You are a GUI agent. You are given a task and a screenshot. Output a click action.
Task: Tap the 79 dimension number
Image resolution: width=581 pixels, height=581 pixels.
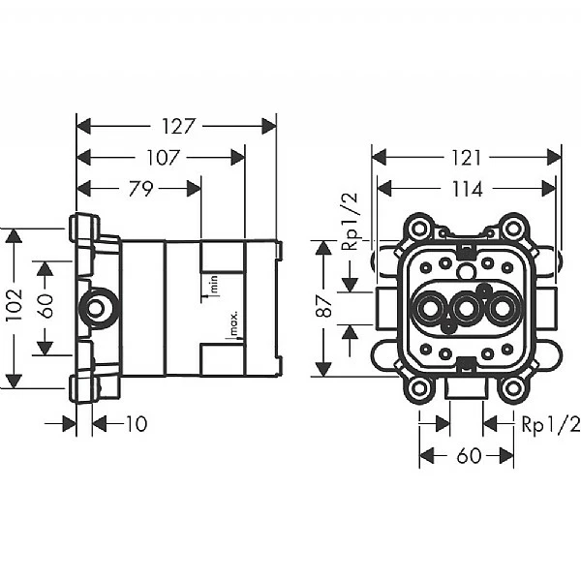[x=140, y=189]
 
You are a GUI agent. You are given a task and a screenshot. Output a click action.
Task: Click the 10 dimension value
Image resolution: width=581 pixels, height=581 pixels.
[x=136, y=424]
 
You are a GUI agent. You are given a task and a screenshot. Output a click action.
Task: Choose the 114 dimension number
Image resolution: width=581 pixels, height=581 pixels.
[x=466, y=190]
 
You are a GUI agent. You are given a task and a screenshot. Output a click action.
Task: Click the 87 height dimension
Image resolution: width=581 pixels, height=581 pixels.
[x=326, y=308]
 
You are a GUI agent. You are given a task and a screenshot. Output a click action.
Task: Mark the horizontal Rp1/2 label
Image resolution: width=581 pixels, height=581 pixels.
[x=550, y=424]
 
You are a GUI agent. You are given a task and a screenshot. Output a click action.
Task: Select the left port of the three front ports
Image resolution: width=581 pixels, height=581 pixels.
[x=426, y=310]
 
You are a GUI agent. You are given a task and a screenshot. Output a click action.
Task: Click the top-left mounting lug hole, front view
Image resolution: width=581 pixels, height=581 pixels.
[x=418, y=230]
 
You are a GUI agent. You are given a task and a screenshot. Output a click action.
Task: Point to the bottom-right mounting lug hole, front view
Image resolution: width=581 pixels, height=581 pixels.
[x=513, y=389]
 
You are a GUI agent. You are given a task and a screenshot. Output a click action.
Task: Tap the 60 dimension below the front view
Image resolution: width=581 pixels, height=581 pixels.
[x=468, y=456]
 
